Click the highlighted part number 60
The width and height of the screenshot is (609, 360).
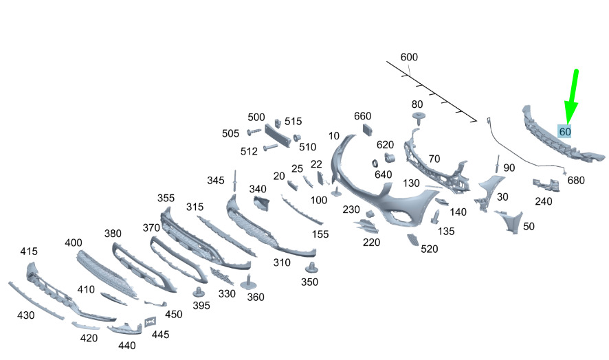565,132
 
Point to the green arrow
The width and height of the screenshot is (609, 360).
571,97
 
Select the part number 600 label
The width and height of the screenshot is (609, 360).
409,57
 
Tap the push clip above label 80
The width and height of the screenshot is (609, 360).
419,117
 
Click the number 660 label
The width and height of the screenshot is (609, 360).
362,115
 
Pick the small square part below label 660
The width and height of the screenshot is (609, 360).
368,129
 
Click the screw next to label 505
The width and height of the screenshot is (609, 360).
254,132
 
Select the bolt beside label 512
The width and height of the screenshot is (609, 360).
270,147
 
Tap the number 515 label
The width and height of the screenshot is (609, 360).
293,121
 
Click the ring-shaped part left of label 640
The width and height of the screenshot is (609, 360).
375,163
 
